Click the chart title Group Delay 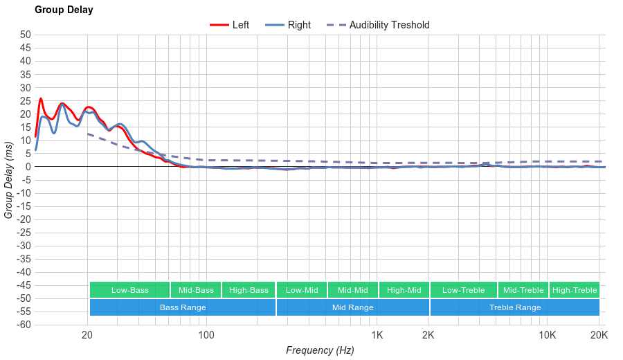click(64, 10)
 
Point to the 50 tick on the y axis click(26, 35)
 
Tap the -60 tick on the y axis click(23, 325)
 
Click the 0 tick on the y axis click(28, 167)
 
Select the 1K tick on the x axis click(377, 336)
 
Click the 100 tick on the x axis click(206, 336)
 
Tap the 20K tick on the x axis click(599, 336)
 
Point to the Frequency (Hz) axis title click(320, 350)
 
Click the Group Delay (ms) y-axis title click(9, 179)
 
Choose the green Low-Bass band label click(129, 290)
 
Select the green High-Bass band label click(249, 290)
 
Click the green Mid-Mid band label click(352, 290)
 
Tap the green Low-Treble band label click(463, 290)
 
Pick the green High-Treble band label click(575, 290)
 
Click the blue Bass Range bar click(183, 307)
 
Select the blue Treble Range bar click(515, 307)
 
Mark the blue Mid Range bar click(352, 307)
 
